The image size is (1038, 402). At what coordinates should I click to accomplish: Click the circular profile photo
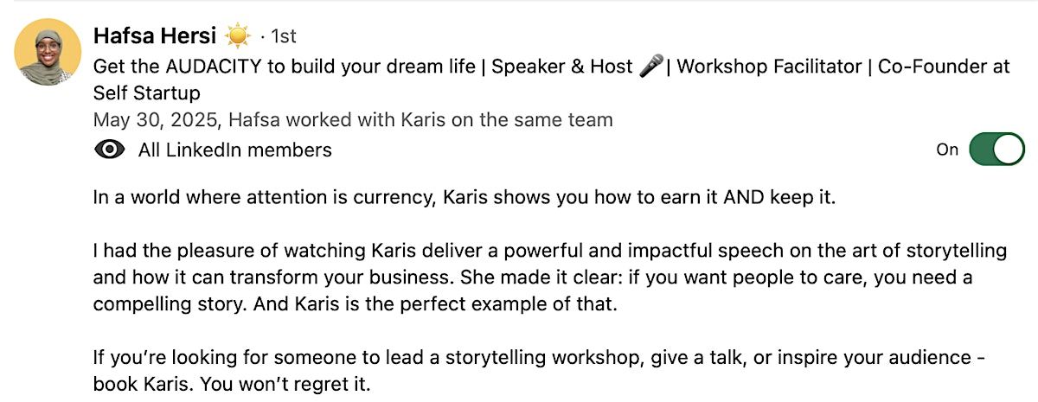48,52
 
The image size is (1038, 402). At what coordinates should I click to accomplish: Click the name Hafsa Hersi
155,35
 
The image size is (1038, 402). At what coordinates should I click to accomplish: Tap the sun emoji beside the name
238,35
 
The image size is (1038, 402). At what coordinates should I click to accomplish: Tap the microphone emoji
651,66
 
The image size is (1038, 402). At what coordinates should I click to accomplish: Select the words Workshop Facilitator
769,67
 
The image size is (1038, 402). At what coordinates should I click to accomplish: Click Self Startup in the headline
147,93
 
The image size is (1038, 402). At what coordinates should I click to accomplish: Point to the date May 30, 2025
155,120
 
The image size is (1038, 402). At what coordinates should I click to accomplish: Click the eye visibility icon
109,150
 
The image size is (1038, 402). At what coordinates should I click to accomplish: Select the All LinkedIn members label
235,150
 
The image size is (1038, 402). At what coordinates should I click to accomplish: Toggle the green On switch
996,149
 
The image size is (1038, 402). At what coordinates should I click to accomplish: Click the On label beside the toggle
947,150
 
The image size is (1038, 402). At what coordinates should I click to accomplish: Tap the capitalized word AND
744,197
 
